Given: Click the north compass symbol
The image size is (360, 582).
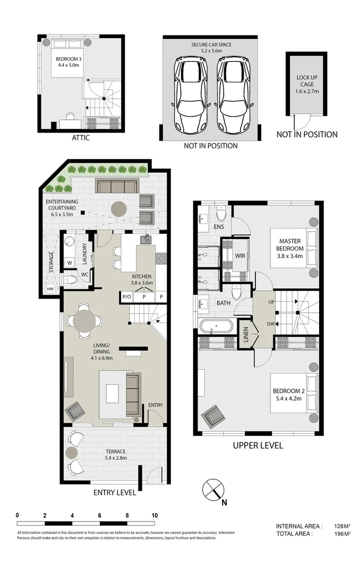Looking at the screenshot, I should pyautogui.click(x=213, y=489).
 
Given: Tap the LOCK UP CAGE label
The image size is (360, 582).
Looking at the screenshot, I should pyautogui.click(x=307, y=85).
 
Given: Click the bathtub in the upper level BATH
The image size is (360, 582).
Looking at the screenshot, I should pyautogui.click(x=216, y=326).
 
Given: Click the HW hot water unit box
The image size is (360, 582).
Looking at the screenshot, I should pyautogui.click(x=50, y=289).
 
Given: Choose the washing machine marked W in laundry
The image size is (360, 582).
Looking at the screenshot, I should pyautogui.click(x=70, y=263).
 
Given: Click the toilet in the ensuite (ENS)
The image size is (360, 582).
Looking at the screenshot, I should pyautogui.click(x=220, y=213).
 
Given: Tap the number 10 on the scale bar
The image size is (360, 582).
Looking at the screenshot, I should pyautogui.click(x=155, y=515).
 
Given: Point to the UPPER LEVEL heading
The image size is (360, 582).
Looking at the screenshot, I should pyautogui.click(x=258, y=446).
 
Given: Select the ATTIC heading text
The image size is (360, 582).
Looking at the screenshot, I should pyautogui.click(x=80, y=138).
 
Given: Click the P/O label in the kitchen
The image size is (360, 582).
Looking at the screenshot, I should pyautogui.click(x=127, y=296).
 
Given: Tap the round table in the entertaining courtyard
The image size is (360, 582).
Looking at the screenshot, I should pyautogui.click(x=118, y=208).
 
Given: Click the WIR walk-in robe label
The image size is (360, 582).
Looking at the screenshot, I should pyautogui.click(x=240, y=255).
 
